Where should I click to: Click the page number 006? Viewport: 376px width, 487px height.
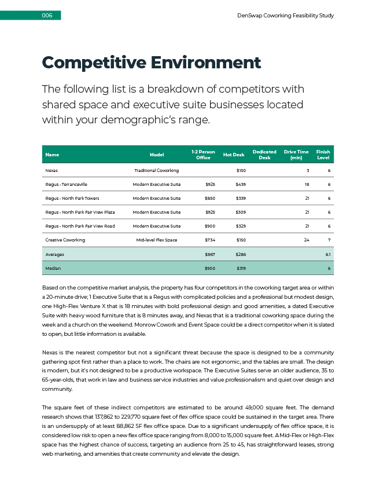click(x=47, y=16)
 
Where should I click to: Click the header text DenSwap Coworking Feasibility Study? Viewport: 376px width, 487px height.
click(x=285, y=16)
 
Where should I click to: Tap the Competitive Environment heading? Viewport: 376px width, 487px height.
click(x=152, y=63)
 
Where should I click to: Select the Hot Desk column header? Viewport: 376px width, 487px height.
click(x=234, y=155)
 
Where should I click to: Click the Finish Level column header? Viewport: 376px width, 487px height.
click(x=323, y=155)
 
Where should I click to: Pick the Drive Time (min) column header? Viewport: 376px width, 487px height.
click(x=296, y=155)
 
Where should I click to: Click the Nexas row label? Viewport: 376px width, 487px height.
click(x=51, y=171)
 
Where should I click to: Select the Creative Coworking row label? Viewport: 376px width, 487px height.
click(x=65, y=240)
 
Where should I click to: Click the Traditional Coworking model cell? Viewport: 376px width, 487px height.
click(x=156, y=171)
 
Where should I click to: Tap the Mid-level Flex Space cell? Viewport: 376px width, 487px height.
click(x=156, y=240)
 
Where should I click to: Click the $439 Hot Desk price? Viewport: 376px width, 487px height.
click(x=241, y=185)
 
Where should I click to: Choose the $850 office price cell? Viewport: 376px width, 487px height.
click(x=210, y=199)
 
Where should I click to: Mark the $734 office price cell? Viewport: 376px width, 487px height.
click(x=210, y=240)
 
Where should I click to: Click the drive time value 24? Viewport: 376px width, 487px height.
click(x=307, y=240)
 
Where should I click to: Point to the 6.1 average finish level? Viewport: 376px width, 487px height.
click(x=327, y=254)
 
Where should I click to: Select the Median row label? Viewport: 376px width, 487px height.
click(x=53, y=268)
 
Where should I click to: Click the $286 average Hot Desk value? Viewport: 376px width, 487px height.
click(x=241, y=254)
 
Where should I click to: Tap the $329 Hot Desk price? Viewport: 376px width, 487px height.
click(x=241, y=226)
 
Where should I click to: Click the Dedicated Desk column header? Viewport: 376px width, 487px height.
click(x=264, y=155)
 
